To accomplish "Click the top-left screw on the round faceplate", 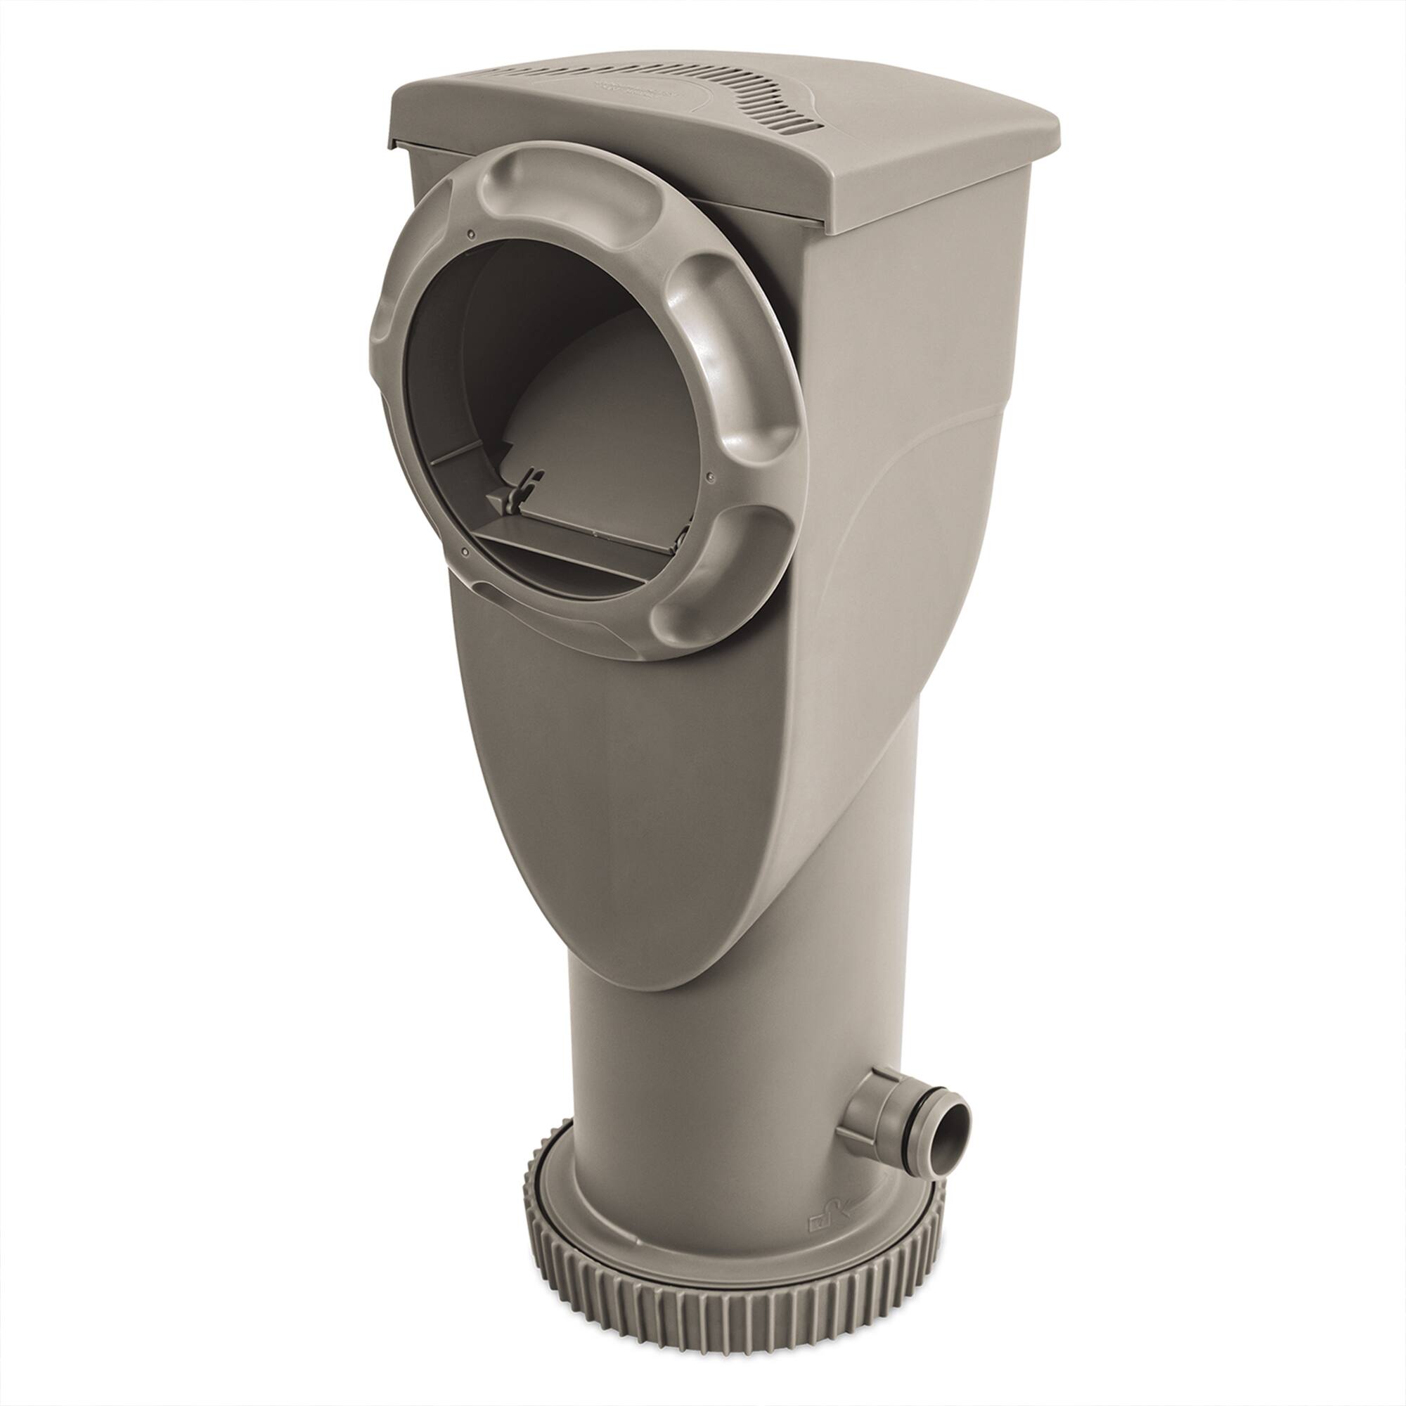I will (472, 234).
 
